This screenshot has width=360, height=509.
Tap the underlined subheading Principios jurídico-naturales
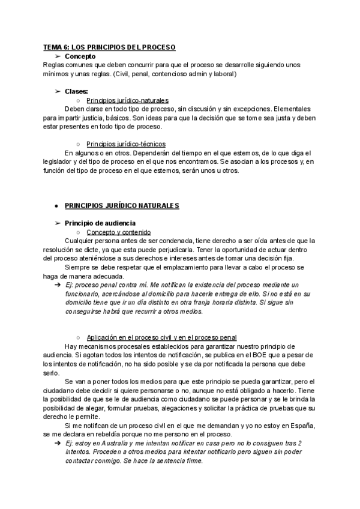(127, 100)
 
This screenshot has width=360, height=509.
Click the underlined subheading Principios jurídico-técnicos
(126, 144)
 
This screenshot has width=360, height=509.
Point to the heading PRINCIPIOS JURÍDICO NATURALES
(122, 206)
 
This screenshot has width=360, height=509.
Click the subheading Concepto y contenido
(118, 232)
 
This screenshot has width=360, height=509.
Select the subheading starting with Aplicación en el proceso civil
(161, 337)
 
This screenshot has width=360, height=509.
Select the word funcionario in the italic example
(83, 294)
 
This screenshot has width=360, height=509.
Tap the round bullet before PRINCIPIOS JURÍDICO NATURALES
(56, 206)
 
